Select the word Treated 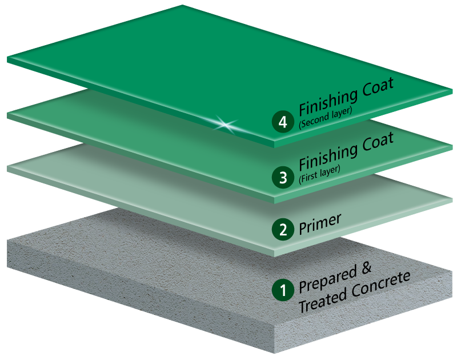(321, 302)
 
